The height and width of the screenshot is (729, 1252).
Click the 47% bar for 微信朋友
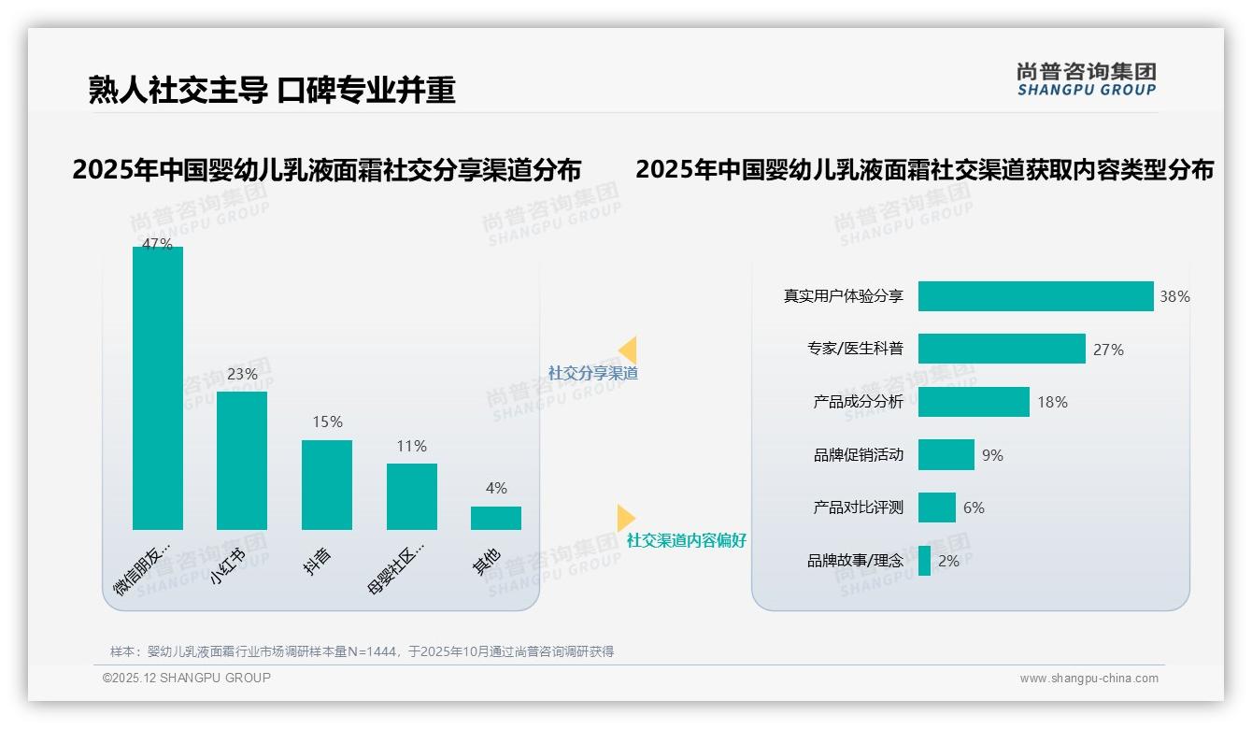(x=158, y=388)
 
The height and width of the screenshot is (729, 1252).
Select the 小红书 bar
(x=242, y=460)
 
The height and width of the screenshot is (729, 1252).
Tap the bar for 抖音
(x=327, y=484)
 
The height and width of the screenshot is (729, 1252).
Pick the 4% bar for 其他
(x=496, y=518)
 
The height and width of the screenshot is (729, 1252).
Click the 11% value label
(x=411, y=447)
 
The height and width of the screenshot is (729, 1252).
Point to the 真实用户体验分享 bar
(x=1035, y=296)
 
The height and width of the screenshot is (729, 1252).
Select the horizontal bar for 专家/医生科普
(x=1002, y=349)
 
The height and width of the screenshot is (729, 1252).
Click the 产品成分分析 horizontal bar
(x=974, y=402)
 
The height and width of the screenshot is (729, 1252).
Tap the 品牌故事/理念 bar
(x=924, y=561)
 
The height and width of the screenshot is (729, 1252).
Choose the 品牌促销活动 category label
(x=859, y=455)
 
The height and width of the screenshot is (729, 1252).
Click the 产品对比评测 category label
(x=859, y=507)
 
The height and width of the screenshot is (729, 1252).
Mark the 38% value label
(x=1174, y=297)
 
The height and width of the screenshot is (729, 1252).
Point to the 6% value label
(x=974, y=508)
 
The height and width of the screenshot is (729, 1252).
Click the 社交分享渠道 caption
(x=592, y=373)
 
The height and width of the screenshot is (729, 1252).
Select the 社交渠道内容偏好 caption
(x=687, y=540)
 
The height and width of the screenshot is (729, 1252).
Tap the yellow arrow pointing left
(x=628, y=350)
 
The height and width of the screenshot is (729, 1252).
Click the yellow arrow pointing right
(x=625, y=518)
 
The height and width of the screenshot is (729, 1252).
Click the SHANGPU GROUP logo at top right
(x=1087, y=79)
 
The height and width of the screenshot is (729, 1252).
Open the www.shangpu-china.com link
(x=1088, y=679)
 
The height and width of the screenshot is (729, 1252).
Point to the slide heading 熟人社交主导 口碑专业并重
(x=272, y=90)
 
